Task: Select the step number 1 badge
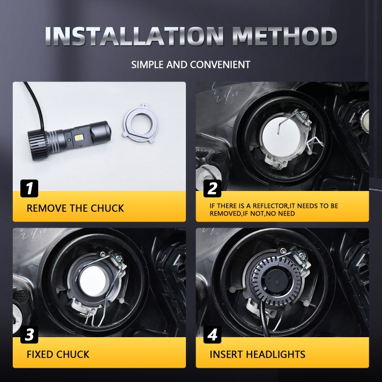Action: (x=29, y=188)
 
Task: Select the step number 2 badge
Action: (x=212, y=188)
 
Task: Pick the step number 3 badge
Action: (x=29, y=335)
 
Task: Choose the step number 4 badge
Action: (x=212, y=335)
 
